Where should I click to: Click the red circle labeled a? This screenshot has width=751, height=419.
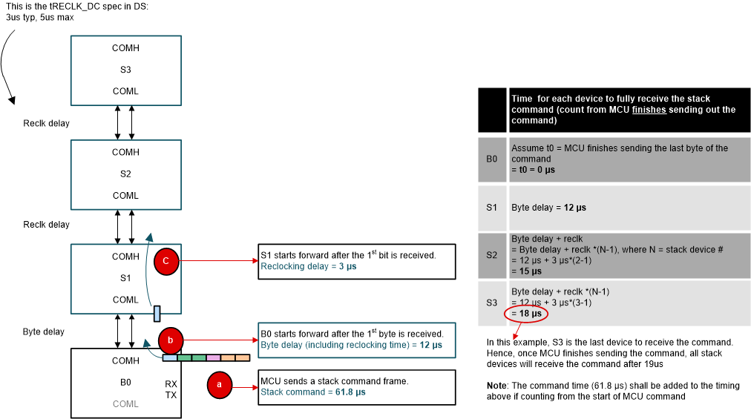tap(219, 384)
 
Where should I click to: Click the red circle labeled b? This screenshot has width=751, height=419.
tap(171, 340)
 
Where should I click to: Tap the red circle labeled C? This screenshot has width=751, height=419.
tap(165, 261)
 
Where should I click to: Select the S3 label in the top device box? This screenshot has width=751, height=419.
tap(125, 70)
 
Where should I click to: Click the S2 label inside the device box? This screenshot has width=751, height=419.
tap(125, 174)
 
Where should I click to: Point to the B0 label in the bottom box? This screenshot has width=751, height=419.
tap(125, 383)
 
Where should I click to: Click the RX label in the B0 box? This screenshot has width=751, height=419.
tap(171, 384)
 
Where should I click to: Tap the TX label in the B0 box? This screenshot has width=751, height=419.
tap(171, 395)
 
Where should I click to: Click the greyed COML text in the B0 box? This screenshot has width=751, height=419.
tap(125, 404)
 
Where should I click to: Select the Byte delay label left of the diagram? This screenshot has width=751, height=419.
tap(43, 331)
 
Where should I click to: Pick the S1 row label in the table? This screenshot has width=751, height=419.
tap(491, 208)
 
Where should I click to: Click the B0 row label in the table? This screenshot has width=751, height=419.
tap(491, 159)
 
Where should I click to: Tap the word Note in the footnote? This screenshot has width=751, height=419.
tap(497, 386)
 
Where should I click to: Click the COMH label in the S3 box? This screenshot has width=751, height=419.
tap(125, 48)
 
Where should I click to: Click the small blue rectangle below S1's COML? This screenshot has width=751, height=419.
tap(157, 314)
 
